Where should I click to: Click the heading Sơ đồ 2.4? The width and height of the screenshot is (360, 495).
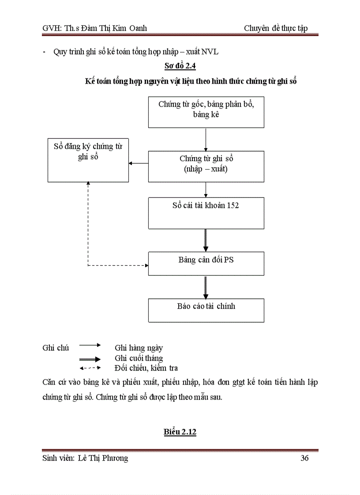pyautogui.click(x=180, y=67)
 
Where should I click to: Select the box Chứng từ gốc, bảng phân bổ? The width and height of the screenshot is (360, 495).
pyautogui.click(x=206, y=112)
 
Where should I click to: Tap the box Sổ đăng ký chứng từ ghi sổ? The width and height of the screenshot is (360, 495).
pyautogui.click(x=88, y=160)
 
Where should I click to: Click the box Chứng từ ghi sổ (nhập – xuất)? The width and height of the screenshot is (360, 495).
pyautogui.click(x=206, y=166)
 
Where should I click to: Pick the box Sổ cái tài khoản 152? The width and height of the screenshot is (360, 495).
pyautogui.click(x=206, y=213)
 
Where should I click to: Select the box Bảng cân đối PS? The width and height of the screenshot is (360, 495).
pyautogui.click(x=206, y=263)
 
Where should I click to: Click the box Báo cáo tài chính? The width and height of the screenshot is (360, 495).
pyautogui.click(x=206, y=310)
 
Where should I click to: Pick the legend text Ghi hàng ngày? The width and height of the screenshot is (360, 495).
pyautogui.click(x=139, y=348)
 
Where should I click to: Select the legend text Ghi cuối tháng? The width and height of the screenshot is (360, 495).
pyautogui.click(x=139, y=358)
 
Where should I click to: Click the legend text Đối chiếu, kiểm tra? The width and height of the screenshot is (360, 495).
pyautogui.click(x=146, y=368)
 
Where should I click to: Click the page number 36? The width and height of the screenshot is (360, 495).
pyautogui.click(x=304, y=458)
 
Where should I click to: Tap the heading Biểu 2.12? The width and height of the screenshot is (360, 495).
pyautogui.click(x=180, y=432)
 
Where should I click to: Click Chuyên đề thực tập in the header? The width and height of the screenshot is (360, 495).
pyautogui.click(x=276, y=28)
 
